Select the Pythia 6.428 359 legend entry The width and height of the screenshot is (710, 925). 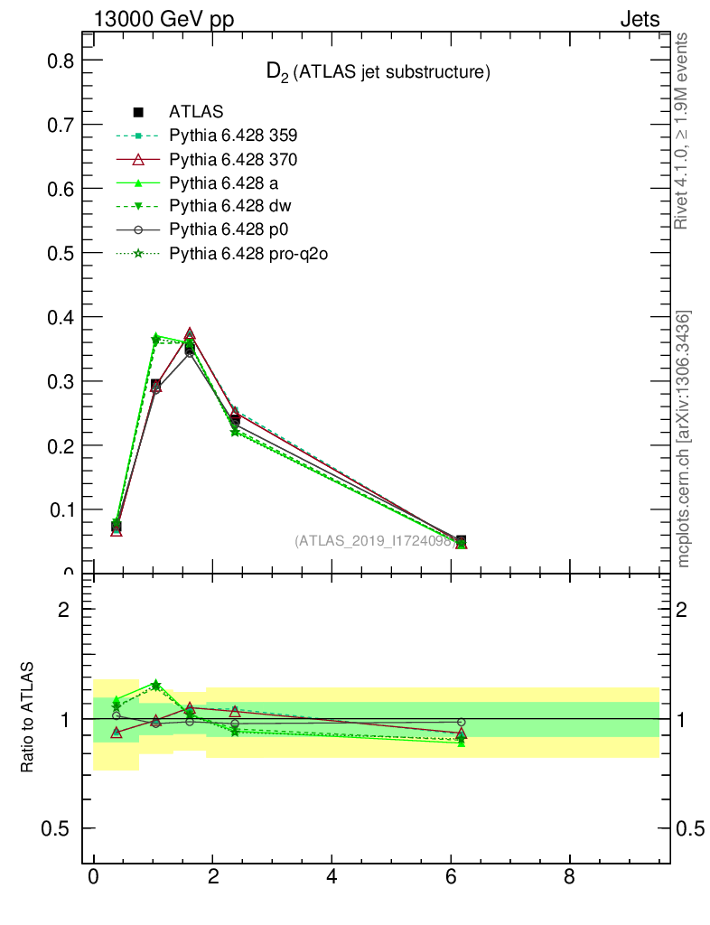[233, 136]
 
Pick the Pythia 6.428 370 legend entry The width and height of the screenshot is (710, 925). [233, 160]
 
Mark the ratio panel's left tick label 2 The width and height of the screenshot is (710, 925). [64, 610]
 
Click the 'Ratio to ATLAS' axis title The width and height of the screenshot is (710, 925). [27, 718]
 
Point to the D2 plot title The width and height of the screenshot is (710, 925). [378, 73]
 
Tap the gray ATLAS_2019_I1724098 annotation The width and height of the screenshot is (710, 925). [373, 540]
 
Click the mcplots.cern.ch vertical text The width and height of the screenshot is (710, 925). [684, 439]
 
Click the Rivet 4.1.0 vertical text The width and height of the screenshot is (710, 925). [684, 131]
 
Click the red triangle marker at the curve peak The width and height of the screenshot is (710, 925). [190, 334]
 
